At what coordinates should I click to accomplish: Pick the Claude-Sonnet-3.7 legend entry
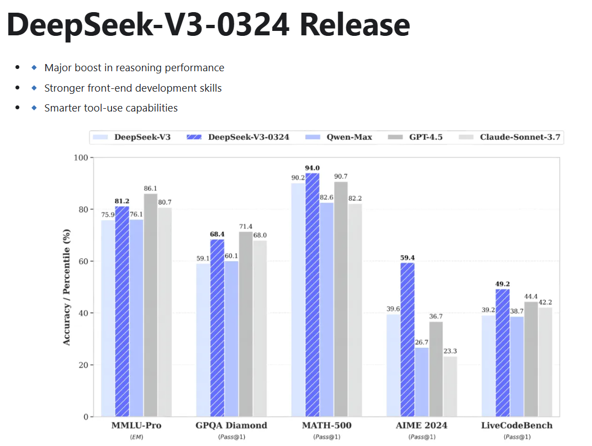[513, 137]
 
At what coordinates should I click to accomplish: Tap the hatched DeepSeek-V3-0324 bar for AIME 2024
[408, 339]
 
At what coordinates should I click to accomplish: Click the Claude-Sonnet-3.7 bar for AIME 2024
[450, 386]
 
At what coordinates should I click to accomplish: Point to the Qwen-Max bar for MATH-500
[327, 309]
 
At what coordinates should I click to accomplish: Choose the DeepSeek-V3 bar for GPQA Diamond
[203, 339]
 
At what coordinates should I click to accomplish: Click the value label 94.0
[313, 168]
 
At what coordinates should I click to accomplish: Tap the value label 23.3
[450, 351]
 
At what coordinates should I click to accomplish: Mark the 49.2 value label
[503, 284]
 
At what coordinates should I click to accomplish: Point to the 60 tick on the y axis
[82, 261]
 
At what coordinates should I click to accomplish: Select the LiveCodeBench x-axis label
[516, 426]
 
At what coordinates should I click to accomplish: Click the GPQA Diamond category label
[231, 426]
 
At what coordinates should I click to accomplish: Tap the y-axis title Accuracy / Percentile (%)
[67, 287]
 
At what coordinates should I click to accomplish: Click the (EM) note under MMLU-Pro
[136, 437]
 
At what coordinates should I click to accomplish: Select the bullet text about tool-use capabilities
[111, 108]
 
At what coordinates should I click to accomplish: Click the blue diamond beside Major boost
[34, 68]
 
